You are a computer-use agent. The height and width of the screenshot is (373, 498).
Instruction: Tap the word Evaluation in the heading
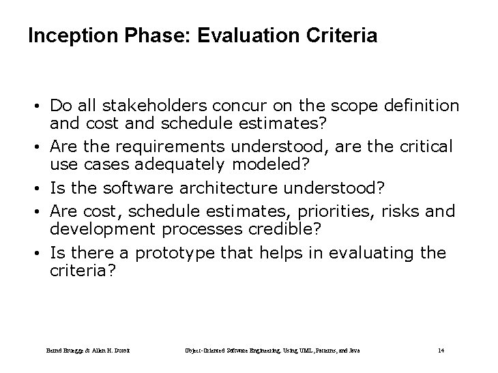coord(239,36)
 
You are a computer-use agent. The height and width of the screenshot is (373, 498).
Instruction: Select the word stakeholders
coord(145,106)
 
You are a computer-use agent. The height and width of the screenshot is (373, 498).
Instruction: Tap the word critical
coord(423,146)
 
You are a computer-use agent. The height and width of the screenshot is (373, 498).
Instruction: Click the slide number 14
coord(441,350)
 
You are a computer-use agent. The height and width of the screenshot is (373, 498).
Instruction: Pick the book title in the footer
coord(273,350)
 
